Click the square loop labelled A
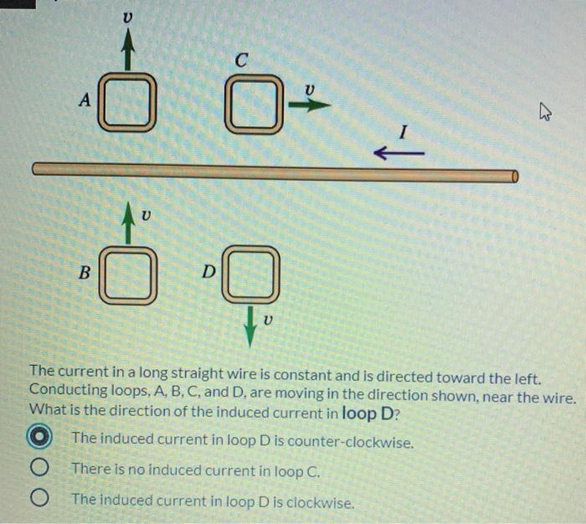[128, 103]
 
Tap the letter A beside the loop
[84, 100]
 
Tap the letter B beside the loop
[84, 272]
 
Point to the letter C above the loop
[241, 61]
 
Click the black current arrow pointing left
[398, 153]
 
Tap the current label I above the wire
[403, 131]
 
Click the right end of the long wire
[513, 175]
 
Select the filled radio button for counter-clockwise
[39, 439]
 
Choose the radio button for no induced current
[39, 470]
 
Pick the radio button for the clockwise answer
[39, 500]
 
